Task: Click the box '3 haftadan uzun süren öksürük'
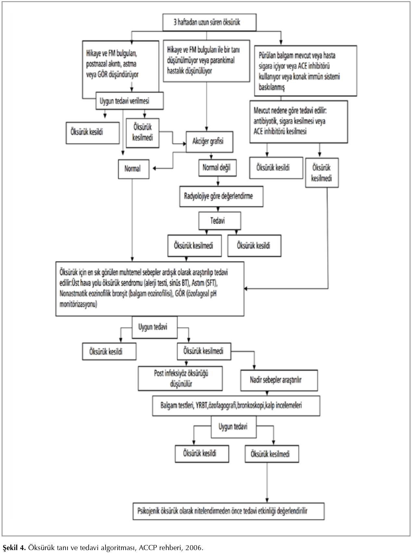(x=209, y=22)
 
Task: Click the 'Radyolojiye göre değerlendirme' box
(x=221, y=196)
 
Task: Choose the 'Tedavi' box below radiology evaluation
(x=220, y=221)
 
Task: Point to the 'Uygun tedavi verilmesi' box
(x=129, y=101)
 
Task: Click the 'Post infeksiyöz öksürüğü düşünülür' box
(x=181, y=378)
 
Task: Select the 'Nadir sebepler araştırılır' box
(x=279, y=380)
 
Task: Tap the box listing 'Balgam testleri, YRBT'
(x=236, y=405)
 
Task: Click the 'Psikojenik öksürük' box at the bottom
(x=229, y=511)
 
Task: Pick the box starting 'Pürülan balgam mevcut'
(x=306, y=71)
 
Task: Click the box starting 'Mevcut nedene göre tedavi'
(x=298, y=122)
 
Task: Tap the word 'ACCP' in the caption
(x=148, y=548)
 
